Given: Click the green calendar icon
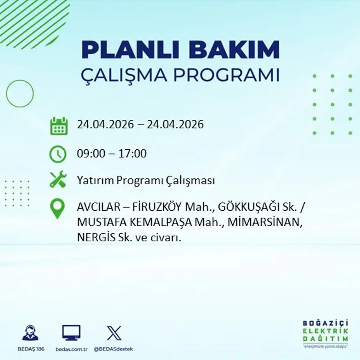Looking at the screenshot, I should (59, 126).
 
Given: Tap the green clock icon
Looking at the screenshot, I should (58, 154).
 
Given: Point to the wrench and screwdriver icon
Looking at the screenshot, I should (58, 180).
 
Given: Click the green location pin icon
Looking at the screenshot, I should (57, 208).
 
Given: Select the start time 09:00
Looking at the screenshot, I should (90, 154).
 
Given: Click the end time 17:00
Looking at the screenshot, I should (133, 154).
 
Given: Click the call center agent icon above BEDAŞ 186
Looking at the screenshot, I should (30, 333).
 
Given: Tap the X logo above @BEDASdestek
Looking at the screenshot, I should (114, 333).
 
